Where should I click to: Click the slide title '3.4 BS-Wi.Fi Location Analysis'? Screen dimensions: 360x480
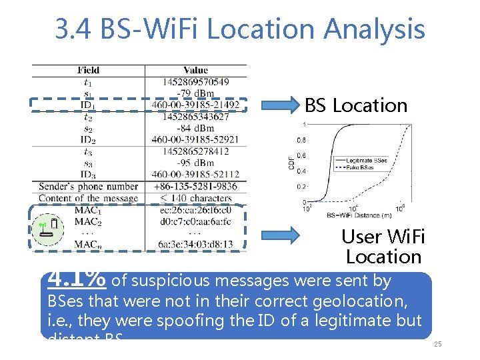240,29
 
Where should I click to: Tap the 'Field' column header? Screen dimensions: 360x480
88,70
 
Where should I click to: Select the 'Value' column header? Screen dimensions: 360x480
195,70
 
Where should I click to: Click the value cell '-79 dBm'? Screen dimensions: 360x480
195,93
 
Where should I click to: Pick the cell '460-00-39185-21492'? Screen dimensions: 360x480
195,105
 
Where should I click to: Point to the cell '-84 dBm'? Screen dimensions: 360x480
195,128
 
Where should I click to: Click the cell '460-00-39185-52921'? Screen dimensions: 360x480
195,140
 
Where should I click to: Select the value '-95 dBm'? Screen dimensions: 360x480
195,163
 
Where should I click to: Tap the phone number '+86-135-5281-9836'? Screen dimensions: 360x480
195,187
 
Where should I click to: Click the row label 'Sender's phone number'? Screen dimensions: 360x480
89,187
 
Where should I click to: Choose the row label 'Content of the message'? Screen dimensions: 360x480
89,198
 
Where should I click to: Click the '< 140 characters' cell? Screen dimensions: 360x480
195,198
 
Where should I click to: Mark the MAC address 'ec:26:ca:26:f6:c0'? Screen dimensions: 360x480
195,210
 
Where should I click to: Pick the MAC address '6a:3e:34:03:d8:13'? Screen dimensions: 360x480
195,245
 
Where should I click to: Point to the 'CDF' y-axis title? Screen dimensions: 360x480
291,162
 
